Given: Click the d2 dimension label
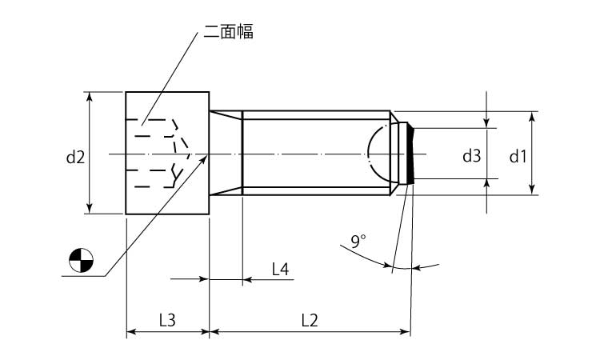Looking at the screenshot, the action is point(75,157).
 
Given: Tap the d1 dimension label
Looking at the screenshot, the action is point(518,157).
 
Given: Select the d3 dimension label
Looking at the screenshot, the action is point(471,156).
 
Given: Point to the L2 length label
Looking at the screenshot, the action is point(310,321).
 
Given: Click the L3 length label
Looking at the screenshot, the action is point(167,321).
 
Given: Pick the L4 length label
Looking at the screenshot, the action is point(280,270).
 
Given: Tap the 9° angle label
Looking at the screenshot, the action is point(358,242).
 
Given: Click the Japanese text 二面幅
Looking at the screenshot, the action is point(229,31).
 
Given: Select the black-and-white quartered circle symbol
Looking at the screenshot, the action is point(81,261).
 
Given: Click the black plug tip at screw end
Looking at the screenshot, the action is point(410,154).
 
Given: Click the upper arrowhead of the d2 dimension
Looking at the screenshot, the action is point(90,97).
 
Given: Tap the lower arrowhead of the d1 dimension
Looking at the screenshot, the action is point(531,190).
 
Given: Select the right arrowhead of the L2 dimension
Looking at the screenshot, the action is point(405,331).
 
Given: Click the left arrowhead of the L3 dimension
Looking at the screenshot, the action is point(132,331).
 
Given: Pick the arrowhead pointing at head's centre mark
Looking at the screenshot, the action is point(204,158).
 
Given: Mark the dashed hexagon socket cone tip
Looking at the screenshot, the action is point(190,154).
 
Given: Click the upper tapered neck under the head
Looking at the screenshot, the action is point(226,115).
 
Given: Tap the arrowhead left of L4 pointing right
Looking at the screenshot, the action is point(204,279).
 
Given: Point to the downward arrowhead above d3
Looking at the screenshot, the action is point(486,123).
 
